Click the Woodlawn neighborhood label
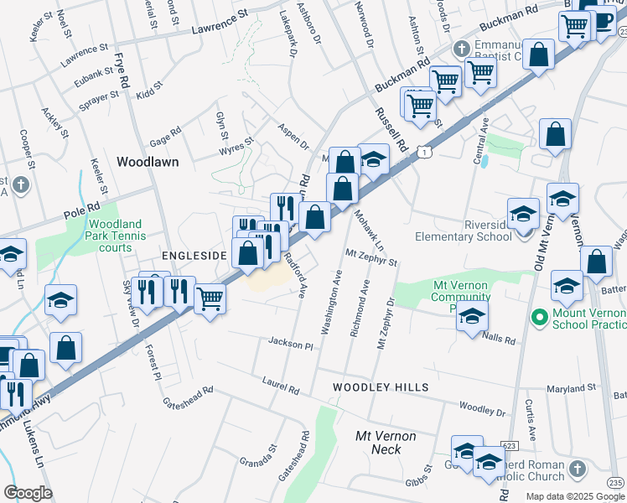coord(148,162)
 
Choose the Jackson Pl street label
coord(290,344)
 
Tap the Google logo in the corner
coord(28,493)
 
